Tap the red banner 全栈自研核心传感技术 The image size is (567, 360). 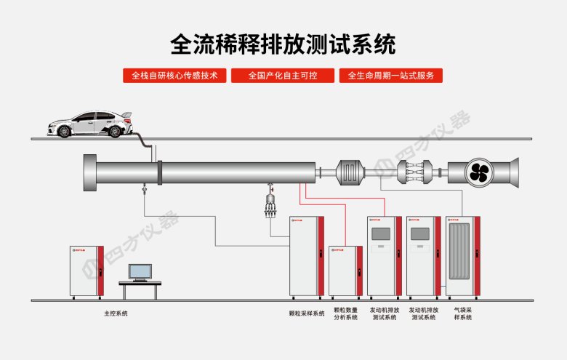click(174, 76)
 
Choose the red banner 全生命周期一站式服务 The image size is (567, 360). click(390, 76)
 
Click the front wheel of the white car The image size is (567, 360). click(65, 131)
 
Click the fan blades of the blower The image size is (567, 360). click(480, 172)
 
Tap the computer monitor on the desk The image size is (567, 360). click(140, 272)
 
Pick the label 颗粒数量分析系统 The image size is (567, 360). click(345, 314)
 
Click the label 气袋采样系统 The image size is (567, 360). click(463, 314)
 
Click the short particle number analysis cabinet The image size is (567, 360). click(345, 272)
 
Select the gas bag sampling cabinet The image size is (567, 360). click(463, 255)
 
